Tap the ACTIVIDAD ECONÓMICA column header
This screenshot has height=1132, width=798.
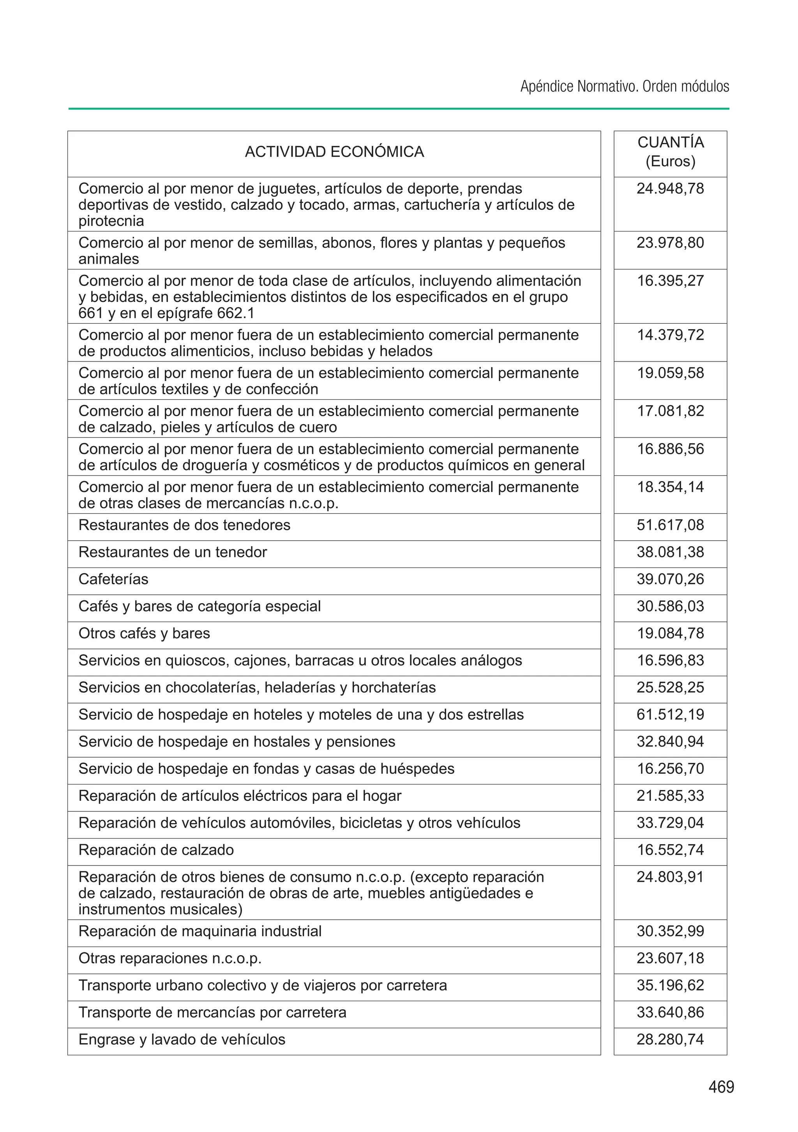tap(334, 152)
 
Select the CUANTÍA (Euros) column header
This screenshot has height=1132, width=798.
tap(670, 152)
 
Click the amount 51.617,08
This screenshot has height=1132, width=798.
tap(670, 525)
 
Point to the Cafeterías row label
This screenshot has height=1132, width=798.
tap(113, 579)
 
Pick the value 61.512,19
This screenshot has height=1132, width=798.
tap(670, 714)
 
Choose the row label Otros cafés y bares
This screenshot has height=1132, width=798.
tap(144, 633)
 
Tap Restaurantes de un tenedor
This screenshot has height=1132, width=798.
tap(173, 552)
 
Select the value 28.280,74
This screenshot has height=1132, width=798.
tap(670, 1039)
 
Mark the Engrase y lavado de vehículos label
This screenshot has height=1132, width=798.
tap(182, 1039)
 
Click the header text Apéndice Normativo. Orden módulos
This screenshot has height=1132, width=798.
tap(624, 87)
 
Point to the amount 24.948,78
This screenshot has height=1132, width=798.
tap(670, 189)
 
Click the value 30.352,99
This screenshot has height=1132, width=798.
tap(670, 931)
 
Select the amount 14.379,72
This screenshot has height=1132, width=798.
tap(670, 335)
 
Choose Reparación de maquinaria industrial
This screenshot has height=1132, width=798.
tap(200, 931)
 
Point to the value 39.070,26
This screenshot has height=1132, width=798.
tap(670, 579)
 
